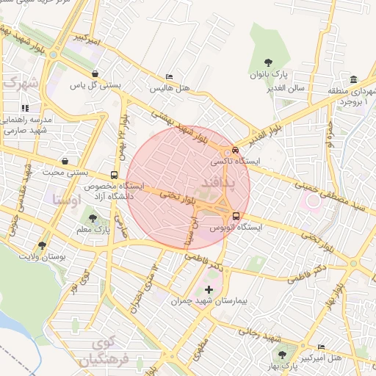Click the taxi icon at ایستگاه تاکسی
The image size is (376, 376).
[x=235, y=150]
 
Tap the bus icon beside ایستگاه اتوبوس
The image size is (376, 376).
[x=236, y=216]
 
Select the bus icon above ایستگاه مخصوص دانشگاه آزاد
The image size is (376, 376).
[x=114, y=175]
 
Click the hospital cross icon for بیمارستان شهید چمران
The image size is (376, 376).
[x=209, y=290]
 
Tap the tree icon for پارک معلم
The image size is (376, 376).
[x=93, y=219]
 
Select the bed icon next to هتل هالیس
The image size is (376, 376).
[x=170, y=77]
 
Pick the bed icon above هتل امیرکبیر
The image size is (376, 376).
[x=321, y=347]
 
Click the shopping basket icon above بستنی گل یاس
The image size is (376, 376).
[x=95, y=74]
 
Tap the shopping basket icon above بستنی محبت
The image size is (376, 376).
[x=65, y=161]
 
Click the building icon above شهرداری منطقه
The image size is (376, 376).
[x=354, y=79]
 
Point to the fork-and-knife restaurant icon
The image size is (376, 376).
[x=26, y=108]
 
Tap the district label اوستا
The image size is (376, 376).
[x=67, y=198]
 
